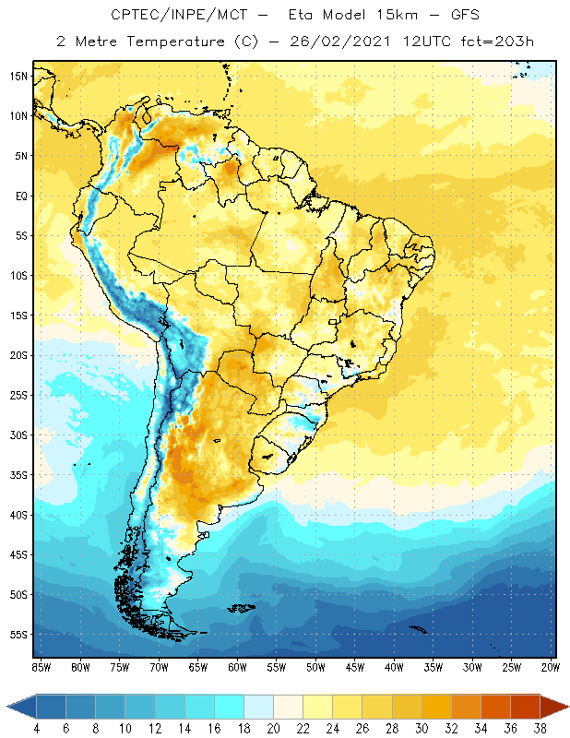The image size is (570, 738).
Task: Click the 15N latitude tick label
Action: coord(18,76)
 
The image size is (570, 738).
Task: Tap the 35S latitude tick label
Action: coord(18,474)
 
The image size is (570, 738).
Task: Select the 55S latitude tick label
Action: coord(18,634)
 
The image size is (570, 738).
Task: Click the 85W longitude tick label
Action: coord(41,667)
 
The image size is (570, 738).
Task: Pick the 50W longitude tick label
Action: coord(316,667)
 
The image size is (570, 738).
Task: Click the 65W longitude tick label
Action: coord(198,667)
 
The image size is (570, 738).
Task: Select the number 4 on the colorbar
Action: coord(38,729)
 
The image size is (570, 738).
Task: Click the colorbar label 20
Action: coord(274,729)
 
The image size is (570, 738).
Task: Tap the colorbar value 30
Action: coord(422,729)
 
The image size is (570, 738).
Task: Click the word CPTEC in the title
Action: coord(133,16)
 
